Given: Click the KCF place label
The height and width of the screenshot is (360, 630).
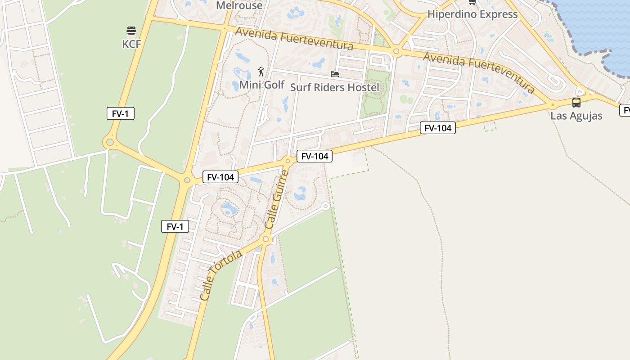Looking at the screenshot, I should pos(131,44).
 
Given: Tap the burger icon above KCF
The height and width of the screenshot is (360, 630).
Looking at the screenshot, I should pos(131,31).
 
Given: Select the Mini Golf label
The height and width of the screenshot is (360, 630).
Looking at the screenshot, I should pos(262,85).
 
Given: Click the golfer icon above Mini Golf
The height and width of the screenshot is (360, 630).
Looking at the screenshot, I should pos(261,72).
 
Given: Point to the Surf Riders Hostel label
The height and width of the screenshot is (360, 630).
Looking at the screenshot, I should pos(335,87).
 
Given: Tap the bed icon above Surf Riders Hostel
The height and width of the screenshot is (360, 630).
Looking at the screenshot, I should pos(335,74).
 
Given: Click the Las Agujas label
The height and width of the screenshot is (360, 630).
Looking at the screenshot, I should pos(576,116).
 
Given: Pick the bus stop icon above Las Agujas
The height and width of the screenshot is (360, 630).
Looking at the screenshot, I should pos(576,103).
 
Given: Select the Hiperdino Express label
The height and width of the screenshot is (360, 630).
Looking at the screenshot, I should pos(472,14).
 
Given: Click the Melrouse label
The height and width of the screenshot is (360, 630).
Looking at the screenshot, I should pos(239,5).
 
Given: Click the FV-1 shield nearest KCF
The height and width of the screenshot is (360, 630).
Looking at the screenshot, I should pos(121,113).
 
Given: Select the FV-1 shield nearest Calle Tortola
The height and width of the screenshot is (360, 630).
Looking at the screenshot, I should pos(175,226).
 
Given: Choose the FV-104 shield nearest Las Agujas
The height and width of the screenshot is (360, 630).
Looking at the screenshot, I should pos(438,128).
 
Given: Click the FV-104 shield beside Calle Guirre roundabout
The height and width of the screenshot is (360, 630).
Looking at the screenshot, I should pos(315,156).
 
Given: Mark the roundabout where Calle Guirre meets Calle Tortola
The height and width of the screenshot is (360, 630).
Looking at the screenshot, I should pos(265,239).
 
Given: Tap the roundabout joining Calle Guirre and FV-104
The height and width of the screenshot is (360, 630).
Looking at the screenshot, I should pos(288,161).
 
